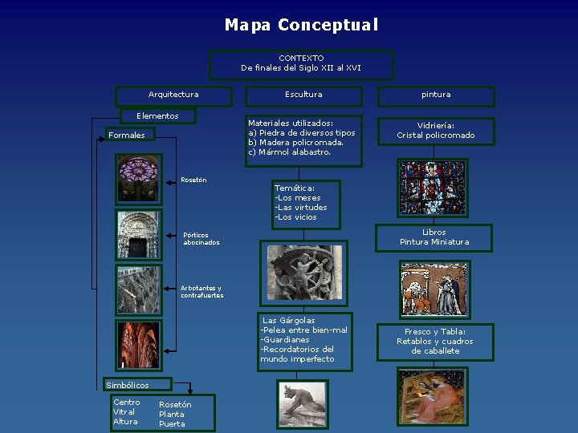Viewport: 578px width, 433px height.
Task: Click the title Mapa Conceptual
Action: (x=301, y=25)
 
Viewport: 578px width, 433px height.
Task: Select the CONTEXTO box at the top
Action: (x=301, y=63)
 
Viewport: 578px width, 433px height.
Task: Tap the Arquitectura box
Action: (x=173, y=95)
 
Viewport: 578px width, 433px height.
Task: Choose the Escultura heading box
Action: (x=303, y=95)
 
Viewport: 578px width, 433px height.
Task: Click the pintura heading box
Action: (x=436, y=95)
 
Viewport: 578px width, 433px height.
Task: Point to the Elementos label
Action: (x=157, y=116)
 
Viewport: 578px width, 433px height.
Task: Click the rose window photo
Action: (x=138, y=177)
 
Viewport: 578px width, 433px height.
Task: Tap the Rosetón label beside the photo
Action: (x=193, y=180)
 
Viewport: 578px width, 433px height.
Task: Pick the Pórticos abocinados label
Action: (x=201, y=239)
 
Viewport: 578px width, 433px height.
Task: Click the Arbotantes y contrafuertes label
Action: (x=201, y=292)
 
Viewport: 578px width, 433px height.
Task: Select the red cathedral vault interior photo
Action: (x=138, y=344)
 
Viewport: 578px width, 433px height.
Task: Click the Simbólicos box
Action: (x=127, y=386)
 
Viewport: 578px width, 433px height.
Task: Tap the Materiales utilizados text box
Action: (x=301, y=138)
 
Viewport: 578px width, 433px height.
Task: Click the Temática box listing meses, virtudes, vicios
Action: (x=305, y=202)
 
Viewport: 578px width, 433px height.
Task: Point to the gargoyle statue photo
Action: (x=303, y=405)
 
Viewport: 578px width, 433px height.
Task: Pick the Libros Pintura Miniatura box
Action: (x=434, y=237)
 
